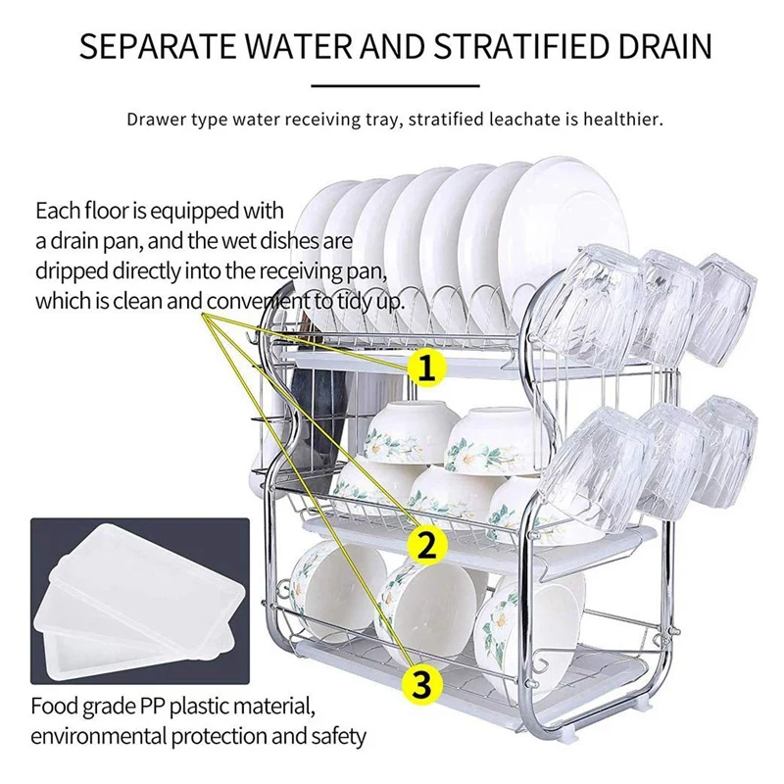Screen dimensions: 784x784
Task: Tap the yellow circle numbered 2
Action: [425, 545]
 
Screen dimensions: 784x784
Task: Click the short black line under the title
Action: [392, 85]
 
